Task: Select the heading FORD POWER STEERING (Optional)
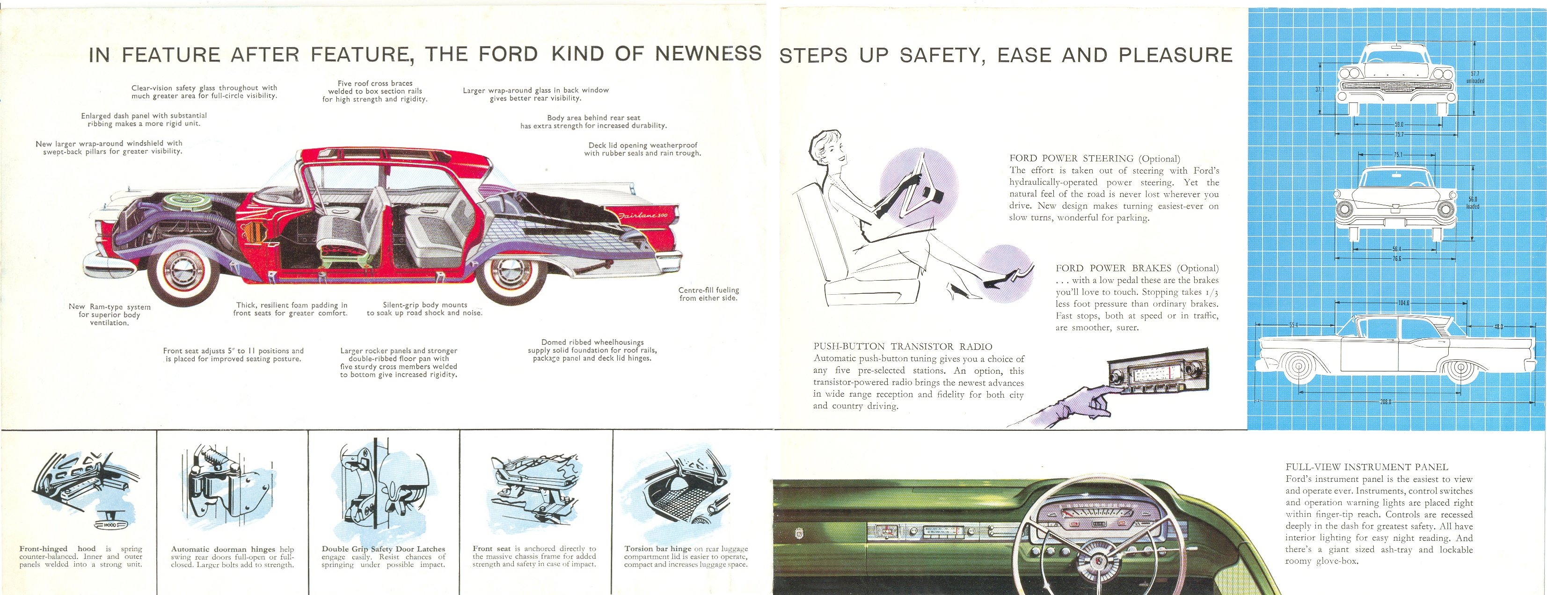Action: [x=1094, y=159]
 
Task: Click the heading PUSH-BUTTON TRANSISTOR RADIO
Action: [x=903, y=347]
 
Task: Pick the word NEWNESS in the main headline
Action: [x=708, y=54]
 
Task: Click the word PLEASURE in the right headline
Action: [x=1175, y=55]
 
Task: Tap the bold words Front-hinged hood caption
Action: [x=58, y=549]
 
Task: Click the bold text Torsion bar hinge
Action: [x=658, y=549]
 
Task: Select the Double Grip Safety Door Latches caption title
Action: [x=383, y=549]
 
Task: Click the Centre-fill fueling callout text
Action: [x=708, y=294]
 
